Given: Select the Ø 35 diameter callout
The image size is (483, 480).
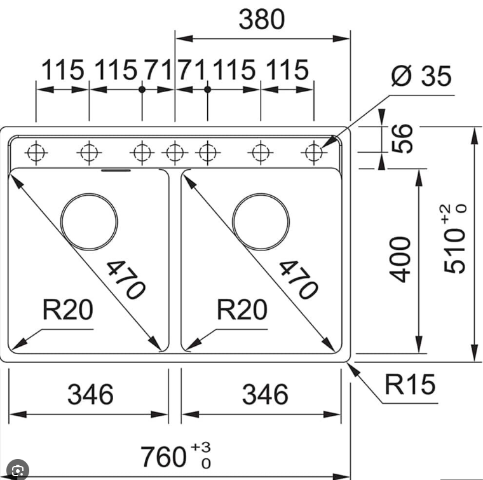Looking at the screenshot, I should point(421,76).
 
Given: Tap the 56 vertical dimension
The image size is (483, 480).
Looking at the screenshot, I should point(402,138).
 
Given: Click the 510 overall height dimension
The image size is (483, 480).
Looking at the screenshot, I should point(456,242).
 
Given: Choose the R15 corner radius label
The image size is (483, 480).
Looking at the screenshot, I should point(410,385).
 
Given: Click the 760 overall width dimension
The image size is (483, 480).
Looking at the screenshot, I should point(167,456).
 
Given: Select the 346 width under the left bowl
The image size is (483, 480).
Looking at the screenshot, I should point(90,394).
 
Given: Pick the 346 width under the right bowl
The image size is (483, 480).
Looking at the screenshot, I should point(264,394).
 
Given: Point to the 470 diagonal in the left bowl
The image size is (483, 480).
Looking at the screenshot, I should point(125,279).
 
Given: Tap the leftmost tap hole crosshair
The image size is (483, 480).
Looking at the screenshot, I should point(36,153).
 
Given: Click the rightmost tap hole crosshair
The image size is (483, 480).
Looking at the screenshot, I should point(313,153).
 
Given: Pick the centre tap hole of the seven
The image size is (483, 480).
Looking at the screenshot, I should point(175,153).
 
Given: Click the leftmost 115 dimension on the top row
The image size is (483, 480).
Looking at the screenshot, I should point(62,70).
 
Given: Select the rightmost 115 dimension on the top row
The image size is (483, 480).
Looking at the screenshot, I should point(287,70).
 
